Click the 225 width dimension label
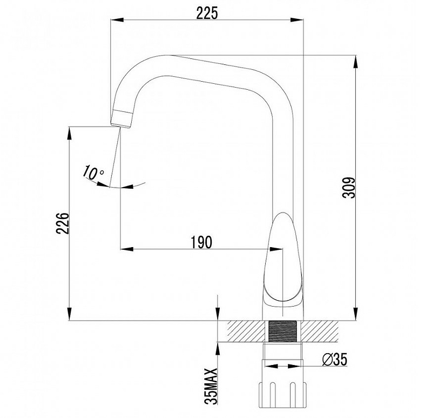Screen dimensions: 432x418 (207, 12)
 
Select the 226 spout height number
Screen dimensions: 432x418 (63, 223)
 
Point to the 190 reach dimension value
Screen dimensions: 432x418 (201, 242)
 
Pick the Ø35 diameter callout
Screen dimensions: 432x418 (334, 360)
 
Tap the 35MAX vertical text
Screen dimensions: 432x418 (211, 386)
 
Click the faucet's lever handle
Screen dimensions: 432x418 (282, 260)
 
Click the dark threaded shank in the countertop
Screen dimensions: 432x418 (282, 331)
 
